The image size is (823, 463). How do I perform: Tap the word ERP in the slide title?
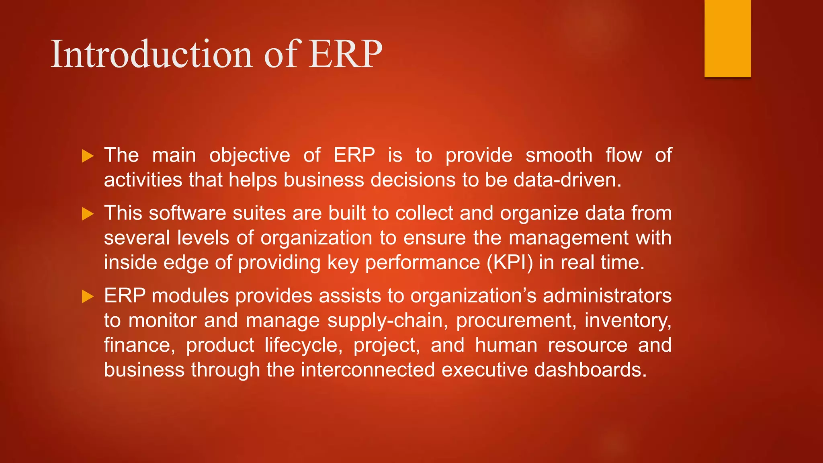point(345,54)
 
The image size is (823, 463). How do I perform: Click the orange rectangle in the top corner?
point(727,38)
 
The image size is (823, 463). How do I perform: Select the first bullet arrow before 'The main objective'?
point(88,156)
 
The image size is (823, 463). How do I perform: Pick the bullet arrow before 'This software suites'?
point(88,214)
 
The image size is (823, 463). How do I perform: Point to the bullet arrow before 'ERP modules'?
point(88,297)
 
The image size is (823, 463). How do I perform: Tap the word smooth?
point(559,155)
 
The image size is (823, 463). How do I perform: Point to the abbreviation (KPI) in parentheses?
point(510,263)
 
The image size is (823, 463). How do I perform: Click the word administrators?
point(607,296)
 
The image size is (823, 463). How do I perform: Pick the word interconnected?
point(368,370)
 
